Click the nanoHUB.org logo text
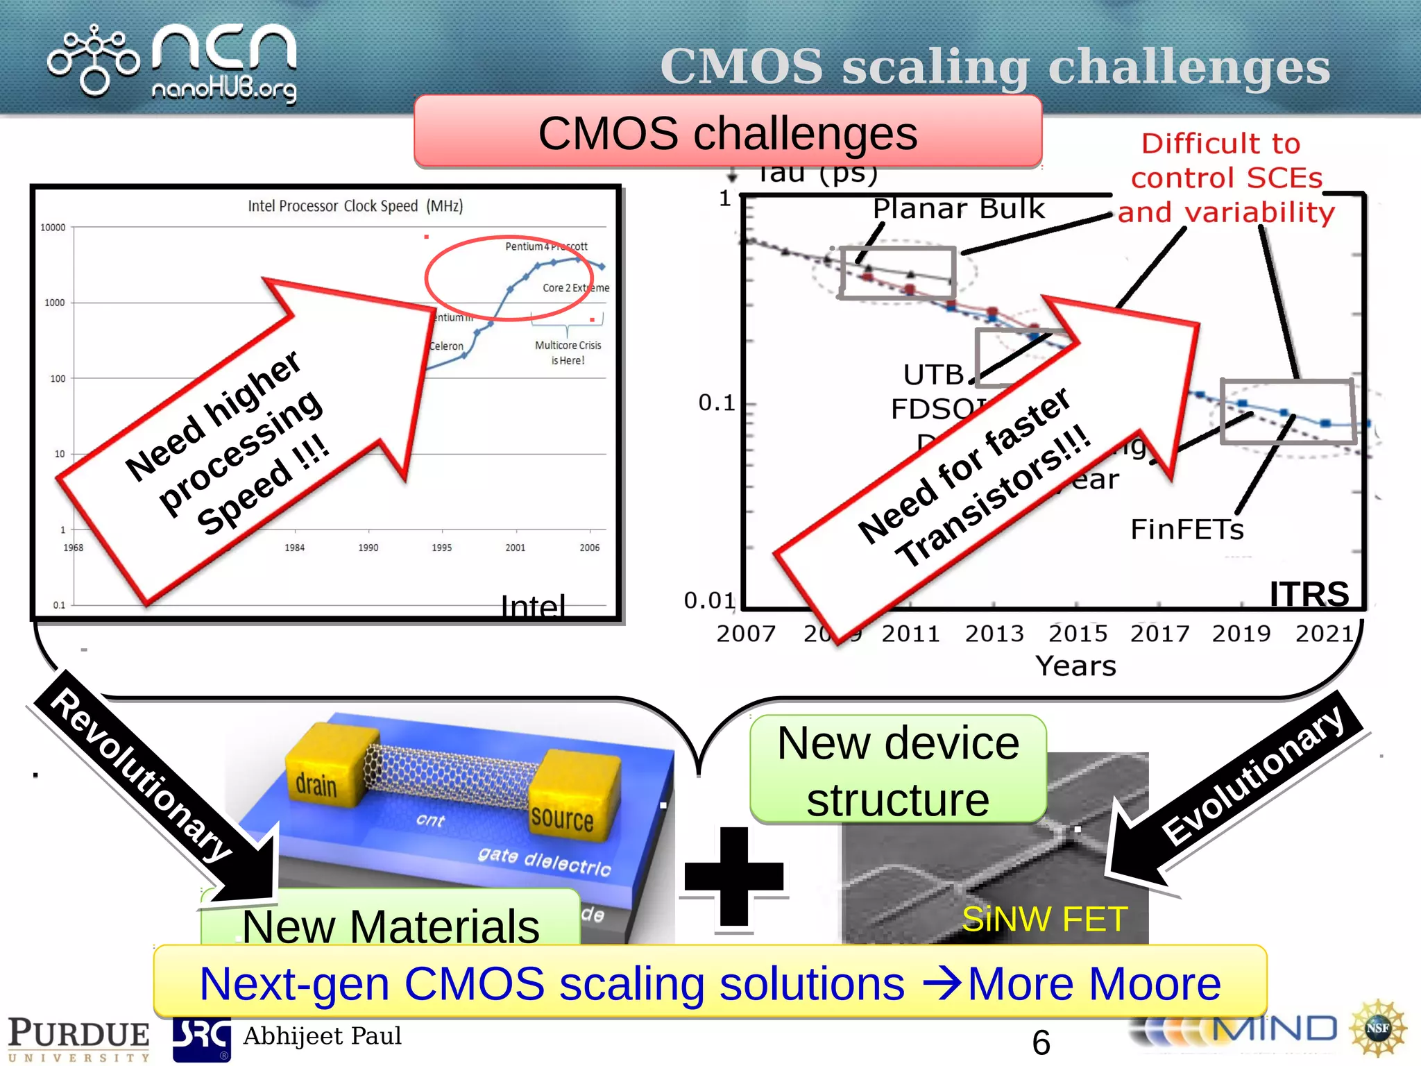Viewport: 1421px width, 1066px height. pos(224,90)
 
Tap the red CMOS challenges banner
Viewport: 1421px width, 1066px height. pos(727,133)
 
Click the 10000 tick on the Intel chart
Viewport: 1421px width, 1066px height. pos(53,228)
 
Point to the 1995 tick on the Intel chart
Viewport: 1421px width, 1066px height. pos(441,548)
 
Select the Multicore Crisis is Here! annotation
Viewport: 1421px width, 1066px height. pos(568,353)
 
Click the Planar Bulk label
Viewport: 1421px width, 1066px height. pos(958,208)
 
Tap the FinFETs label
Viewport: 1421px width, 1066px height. pos(1186,530)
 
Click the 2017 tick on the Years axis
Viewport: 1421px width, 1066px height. pos(1159,634)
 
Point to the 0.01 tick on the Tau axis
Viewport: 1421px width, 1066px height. pos(709,600)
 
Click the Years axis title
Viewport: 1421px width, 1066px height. pos(1075,666)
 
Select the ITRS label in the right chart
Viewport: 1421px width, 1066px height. pos(1309,594)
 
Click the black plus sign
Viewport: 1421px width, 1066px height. pos(733,876)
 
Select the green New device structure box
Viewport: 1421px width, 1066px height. pos(898,770)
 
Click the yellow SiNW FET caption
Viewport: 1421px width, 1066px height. pos(1044,920)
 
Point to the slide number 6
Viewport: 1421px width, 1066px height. pos(1041,1042)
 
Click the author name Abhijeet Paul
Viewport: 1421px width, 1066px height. pos(322,1036)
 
